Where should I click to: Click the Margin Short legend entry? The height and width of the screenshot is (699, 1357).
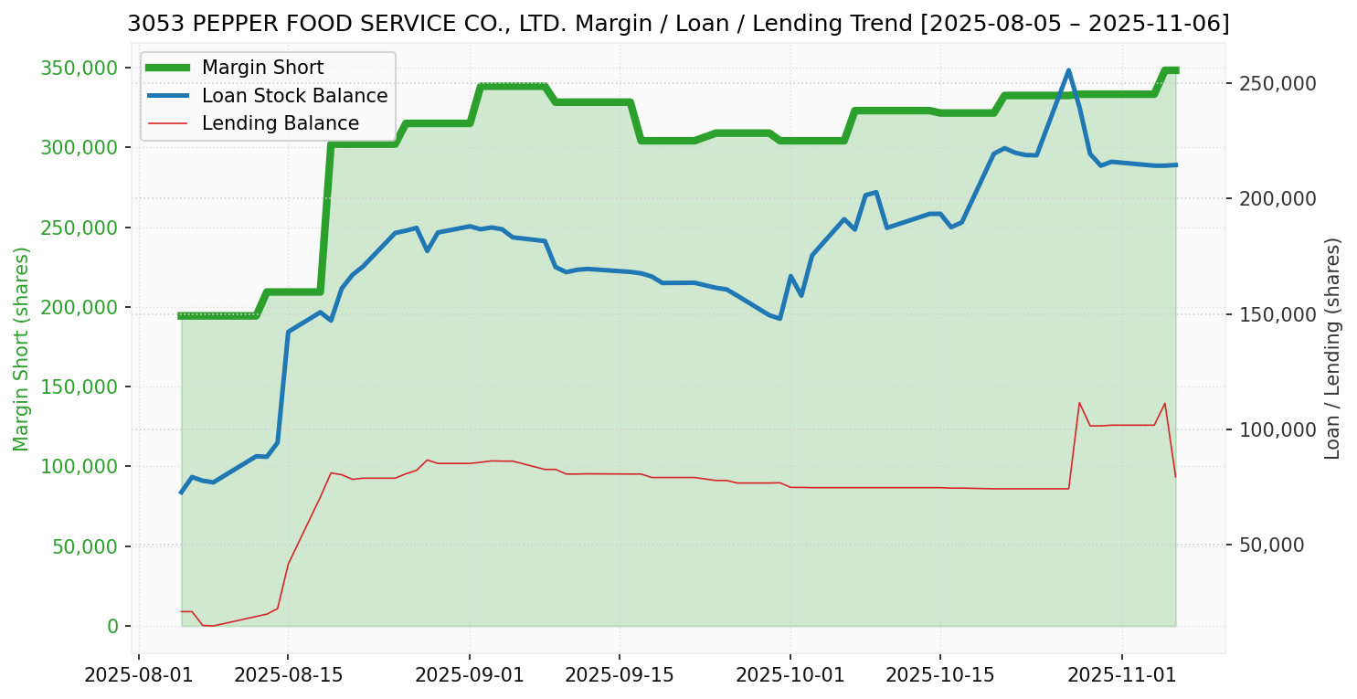tap(262, 68)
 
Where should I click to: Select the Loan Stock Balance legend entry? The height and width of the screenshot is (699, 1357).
tap(294, 96)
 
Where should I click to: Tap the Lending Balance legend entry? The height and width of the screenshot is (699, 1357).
tap(280, 123)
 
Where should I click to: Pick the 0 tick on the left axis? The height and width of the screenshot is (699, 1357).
tap(112, 626)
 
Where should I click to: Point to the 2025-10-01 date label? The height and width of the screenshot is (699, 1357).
tap(790, 675)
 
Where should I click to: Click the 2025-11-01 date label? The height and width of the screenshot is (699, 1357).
tap(1121, 675)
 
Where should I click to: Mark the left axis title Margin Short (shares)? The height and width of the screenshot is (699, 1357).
tap(21, 348)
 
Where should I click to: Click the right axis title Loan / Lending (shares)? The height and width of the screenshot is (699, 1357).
tap(1333, 348)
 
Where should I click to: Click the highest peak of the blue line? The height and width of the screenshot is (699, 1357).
tap(1068, 70)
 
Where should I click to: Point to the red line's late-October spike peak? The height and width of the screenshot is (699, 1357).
tap(1079, 403)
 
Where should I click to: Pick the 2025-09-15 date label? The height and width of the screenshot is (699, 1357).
tap(619, 675)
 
